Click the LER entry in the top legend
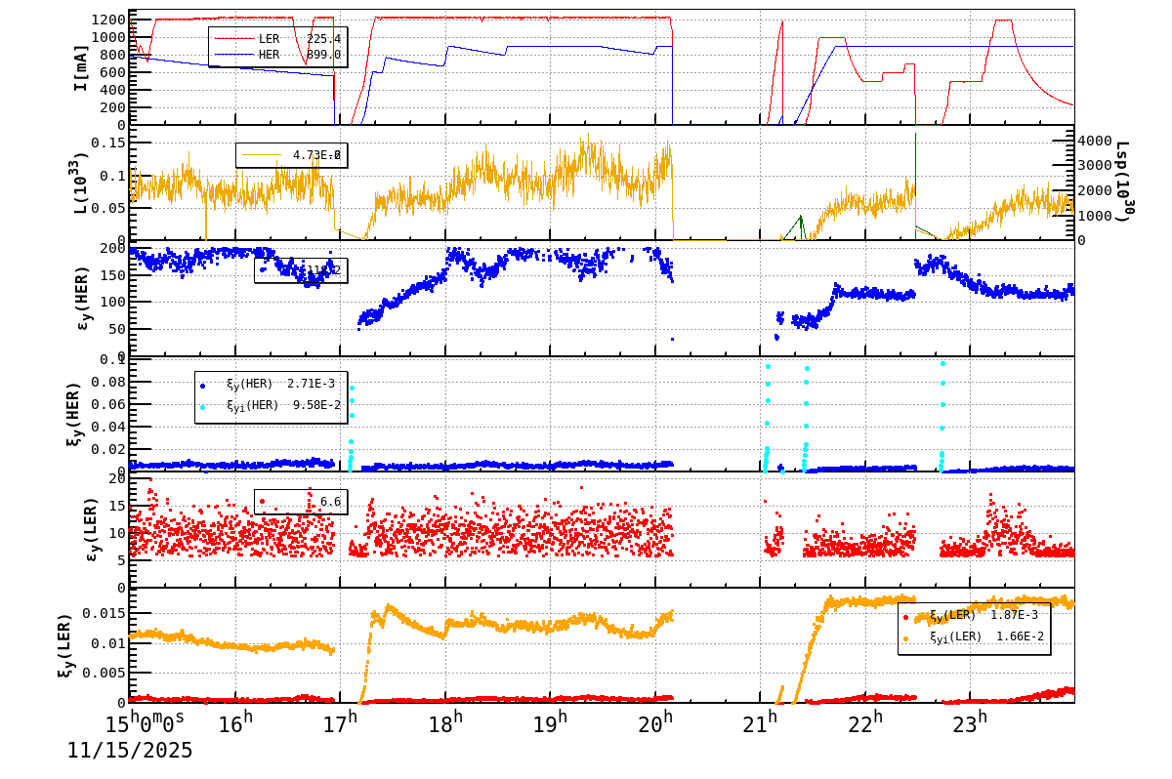[x=277, y=39]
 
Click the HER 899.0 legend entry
[x=277, y=55]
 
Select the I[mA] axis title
[x=81, y=67]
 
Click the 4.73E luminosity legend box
[x=291, y=155]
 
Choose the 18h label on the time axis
[x=445, y=723]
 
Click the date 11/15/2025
[x=130, y=751]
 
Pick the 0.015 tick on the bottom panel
[x=102, y=613]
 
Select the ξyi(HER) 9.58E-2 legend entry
[x=270, y=405]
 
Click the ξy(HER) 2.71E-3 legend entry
[x=270, y=384]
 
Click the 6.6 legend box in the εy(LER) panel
[x=301, y=502]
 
